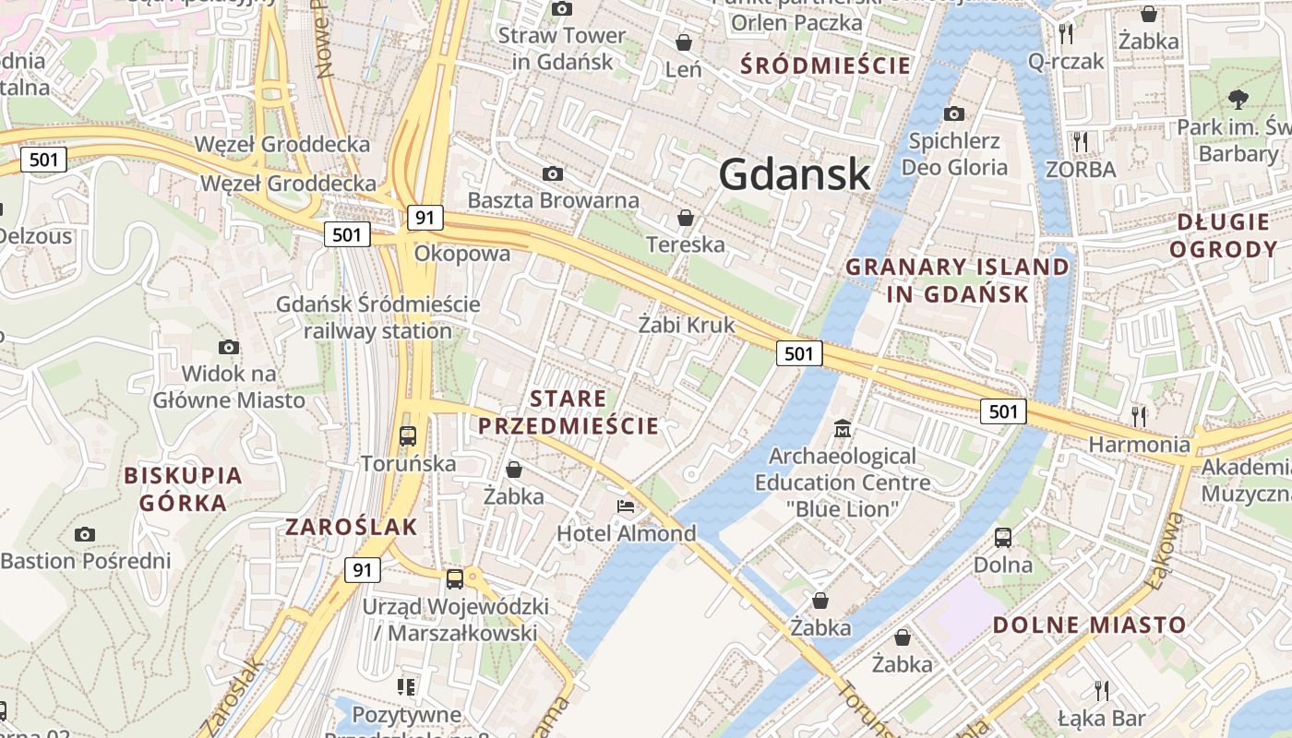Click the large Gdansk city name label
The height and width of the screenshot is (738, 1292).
pyautogui.click(x=794, y=174)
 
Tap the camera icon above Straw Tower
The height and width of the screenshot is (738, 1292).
pyautogui.click(x=561, y=9)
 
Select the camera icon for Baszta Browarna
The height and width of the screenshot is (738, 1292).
pyautogui.click(x=552, y=173)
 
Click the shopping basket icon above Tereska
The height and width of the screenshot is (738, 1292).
pyautogui.click(x=686, y=218)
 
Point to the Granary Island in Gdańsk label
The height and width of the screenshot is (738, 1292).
pyautogui.click(x=957, y=280)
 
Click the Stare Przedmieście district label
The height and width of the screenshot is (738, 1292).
pyautogui.click(x=568, y=412)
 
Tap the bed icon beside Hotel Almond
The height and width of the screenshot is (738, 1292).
pyautogui.click(x=626, y=506)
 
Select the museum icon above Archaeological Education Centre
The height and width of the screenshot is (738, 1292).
pyautogui.click(x=843, y=429)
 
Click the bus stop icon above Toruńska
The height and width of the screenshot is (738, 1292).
pyautogui.click(x=408, y=435)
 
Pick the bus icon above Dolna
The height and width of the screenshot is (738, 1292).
pyautogui.click(x=1003, y=537)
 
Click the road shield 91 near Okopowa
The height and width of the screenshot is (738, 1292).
pyautogui.click(x=425, y=218)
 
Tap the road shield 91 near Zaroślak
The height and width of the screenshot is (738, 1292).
pyautogui.click(x=362, y=570)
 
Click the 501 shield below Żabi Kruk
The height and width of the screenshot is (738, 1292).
pyautogui.click(x=798, y=352)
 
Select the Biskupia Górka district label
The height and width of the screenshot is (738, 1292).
pyautogui.click(x=183, y=489)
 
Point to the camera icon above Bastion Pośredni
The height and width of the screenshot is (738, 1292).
pyautogui.click(x=85, y=534)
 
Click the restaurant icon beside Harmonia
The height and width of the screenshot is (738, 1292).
pyautogui.click(x=1139, y=416)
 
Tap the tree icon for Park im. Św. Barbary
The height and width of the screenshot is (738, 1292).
pyautogui.click(x=1238, y=99)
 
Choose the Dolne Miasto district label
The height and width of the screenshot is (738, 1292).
pyautogui.click(x=1089, y=625)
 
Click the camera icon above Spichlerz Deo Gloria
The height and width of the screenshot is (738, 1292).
pyautogui.click(x=954, y=113)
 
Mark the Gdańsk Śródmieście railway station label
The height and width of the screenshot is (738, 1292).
pyautogui.click(x=378, y=317)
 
